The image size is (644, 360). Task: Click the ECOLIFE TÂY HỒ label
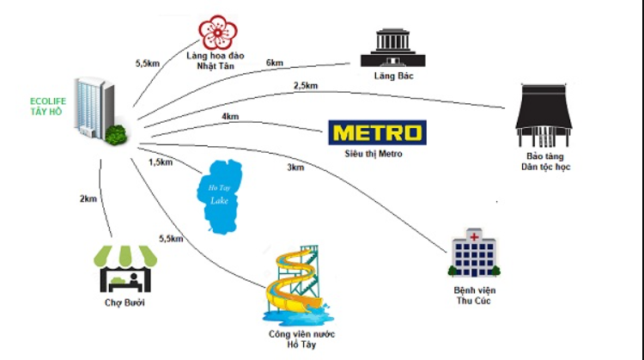click(47, 106)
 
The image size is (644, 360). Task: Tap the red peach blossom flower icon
click(218, 33)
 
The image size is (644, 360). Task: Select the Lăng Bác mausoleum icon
click(393, 47)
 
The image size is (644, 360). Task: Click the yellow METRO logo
click(377, 132)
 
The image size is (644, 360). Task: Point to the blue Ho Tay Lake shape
click(219, 197)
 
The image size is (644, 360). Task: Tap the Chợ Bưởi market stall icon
click(125, 269)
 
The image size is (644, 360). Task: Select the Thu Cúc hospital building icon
click(474, 253)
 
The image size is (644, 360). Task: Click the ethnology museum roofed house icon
click(544, 115)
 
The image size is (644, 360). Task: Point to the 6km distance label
click(275, 63)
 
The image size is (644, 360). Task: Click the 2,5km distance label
click(306, 86)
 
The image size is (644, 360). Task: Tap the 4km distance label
click(230, 117)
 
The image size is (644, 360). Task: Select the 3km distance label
click(295, 168)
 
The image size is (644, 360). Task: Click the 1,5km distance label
click(161, 162)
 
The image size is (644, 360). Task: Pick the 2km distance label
click(88, 199)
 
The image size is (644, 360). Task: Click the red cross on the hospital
click(474, 236)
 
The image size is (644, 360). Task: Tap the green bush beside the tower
click(116, 134)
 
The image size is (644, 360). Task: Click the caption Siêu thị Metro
click(374, 154)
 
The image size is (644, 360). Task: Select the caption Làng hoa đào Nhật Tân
click(216, 61)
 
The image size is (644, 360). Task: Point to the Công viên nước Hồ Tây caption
click(301, 339)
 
